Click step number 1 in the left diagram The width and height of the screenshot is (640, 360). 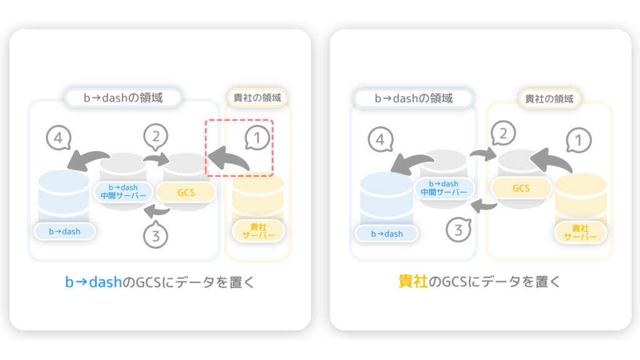point(257,138)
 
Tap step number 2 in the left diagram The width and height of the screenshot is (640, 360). point(156,136)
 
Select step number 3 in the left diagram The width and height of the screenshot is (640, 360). point(156,236)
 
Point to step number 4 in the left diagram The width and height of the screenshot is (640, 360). point(58,138)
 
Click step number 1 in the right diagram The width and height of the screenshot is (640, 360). point(578,141)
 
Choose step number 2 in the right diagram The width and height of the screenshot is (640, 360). point(503,133)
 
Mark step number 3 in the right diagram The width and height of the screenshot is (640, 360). point(458,230)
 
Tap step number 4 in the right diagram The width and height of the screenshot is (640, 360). point(381,139)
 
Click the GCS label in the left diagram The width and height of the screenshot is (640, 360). point(186,192)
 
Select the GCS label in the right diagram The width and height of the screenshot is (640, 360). point(521,188)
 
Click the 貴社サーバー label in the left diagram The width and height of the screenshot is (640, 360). point(258,231)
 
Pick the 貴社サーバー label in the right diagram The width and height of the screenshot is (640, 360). point(581,232)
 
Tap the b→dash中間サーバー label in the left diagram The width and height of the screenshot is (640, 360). point(123,191)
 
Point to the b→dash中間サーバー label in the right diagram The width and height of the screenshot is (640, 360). point(444,188)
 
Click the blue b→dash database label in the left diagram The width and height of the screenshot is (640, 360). point(64,231)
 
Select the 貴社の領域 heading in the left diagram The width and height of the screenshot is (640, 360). point(257,97)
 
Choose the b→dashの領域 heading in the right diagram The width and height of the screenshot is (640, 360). point(414,98)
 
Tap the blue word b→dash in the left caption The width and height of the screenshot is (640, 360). point(94,282)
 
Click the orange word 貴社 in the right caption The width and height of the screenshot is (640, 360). point(413,282)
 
